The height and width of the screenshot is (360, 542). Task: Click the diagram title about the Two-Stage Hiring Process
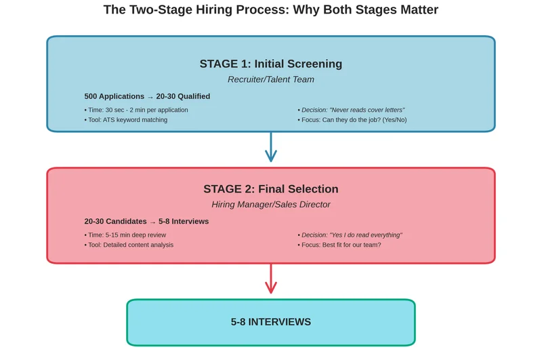270,10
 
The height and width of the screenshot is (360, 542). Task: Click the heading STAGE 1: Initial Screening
270,64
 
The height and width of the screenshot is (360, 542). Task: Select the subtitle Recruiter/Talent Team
270,79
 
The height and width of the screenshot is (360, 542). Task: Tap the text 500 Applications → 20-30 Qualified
147,96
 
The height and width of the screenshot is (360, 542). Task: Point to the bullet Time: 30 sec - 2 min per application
136,110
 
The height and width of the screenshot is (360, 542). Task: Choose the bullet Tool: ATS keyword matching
126,120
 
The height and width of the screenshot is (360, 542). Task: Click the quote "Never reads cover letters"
367,110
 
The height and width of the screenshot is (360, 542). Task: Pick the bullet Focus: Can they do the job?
352,120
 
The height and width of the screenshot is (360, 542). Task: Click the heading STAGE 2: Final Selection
270,189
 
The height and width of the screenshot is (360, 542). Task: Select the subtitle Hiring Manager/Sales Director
270,204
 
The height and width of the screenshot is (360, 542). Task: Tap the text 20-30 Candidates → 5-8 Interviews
146,222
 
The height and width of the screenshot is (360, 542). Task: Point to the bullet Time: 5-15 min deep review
125,235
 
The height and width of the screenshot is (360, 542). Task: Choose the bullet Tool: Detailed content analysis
129,245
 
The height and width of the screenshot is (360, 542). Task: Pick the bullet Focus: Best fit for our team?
339,245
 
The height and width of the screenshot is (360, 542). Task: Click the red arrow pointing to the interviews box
271,279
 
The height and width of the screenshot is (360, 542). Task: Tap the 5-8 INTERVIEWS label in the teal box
270,322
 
